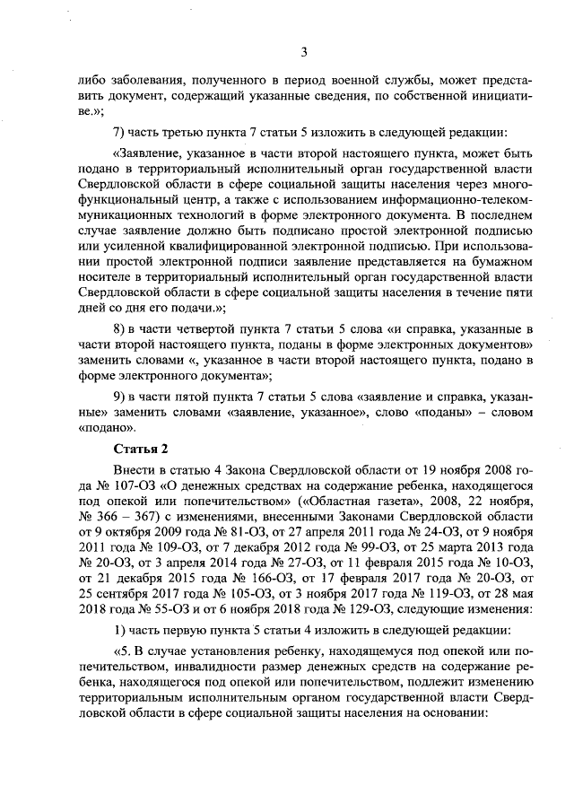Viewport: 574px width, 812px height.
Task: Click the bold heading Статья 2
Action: coord(141,448)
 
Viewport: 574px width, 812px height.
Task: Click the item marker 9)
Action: coord(120,397)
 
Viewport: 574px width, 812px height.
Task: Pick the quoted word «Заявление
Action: coord(147,153)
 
